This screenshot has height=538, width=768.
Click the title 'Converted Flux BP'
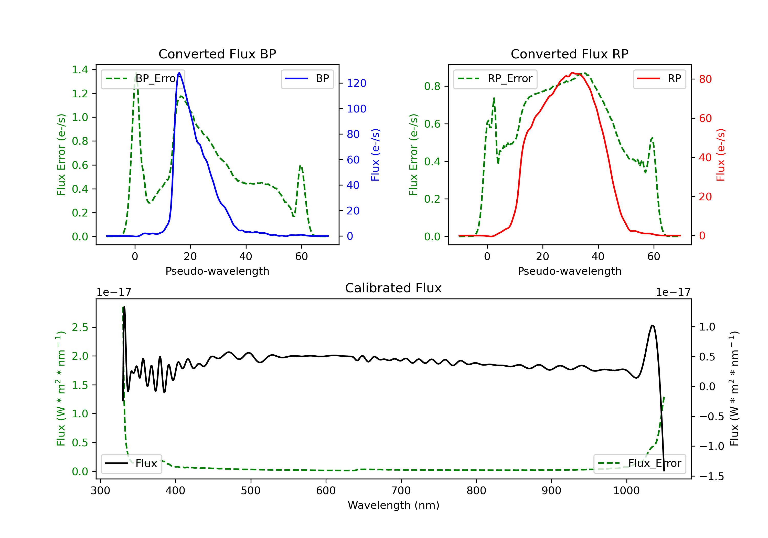[217, 54]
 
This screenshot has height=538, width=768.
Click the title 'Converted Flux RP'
[569, 54]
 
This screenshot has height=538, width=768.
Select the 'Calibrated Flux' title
[393, 288]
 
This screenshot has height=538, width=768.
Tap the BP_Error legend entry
[143, 79]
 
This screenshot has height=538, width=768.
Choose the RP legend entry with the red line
[659, 79]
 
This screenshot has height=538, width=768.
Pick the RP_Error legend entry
[495, 79]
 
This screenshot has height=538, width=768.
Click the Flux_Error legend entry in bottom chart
[639, 463]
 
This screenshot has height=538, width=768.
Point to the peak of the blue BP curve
[179, 73]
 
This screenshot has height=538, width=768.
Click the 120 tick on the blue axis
[356, 83]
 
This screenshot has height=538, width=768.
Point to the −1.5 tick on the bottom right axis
[711, 477]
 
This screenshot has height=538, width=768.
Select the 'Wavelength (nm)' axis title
[393, 505]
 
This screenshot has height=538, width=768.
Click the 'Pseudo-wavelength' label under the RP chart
[569, 271]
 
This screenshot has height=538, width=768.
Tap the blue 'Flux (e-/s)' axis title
[375, 155]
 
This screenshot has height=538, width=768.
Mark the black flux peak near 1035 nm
[652, 326]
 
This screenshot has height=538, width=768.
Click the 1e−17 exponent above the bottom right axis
[673, 292]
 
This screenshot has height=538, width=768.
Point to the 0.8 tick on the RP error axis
[432, 86]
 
